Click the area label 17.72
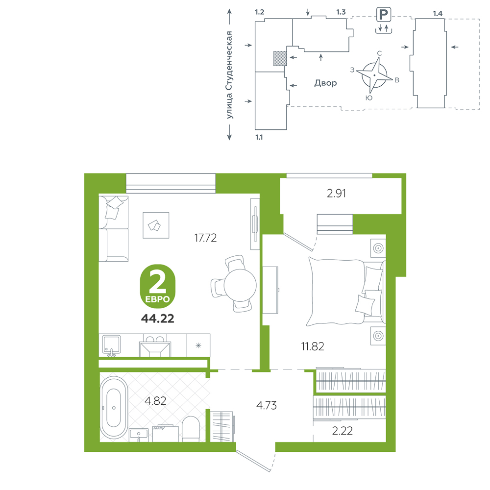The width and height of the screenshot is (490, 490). click(x=205, y=238)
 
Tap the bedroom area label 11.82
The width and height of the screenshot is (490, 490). click(x=313, y=346)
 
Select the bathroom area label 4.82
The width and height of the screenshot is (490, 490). click(x=155, y=401)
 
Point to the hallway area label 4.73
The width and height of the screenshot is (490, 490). click(x=266, y=405)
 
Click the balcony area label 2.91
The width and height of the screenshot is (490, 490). click(x=336, y=194)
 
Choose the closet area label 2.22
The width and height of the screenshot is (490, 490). click(x=342, y=431)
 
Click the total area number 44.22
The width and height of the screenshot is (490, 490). click(x=157, y=318)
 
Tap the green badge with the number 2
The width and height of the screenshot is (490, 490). click(x=157, y=286)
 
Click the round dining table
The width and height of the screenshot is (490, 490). click(x=240, y=285)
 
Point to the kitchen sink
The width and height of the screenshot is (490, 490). click(x=112, y=345)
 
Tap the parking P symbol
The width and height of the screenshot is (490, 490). click(x=384, y=14)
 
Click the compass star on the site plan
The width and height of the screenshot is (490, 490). click(x=374, y=75)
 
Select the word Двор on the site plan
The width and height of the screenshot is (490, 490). click(x=325, y=83)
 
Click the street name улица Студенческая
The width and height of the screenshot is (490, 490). click(x=229, y=74)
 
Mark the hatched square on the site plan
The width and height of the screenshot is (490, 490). click(x=280, y=58)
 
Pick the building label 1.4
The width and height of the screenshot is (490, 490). click(x=438, y=13)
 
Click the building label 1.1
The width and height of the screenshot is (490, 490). click(x=259, y=137)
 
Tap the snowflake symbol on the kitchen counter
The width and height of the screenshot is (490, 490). click(x=198, y=345)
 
